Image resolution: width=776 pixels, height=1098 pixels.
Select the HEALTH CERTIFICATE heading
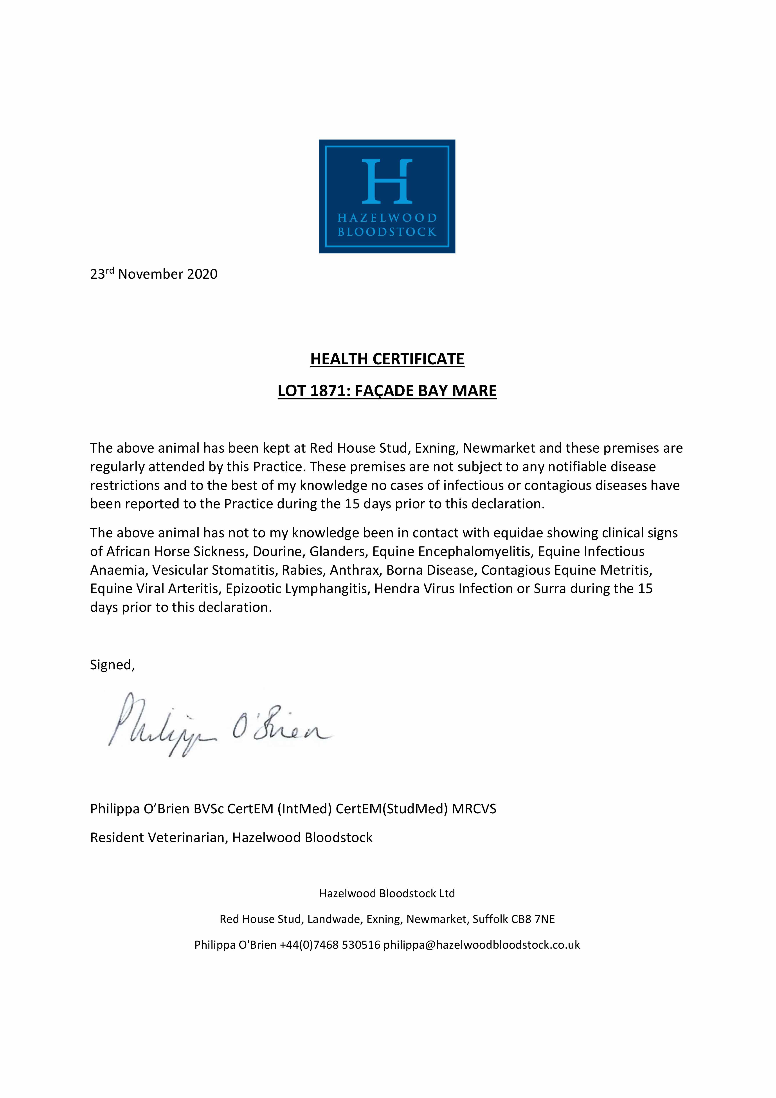[387, 359]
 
